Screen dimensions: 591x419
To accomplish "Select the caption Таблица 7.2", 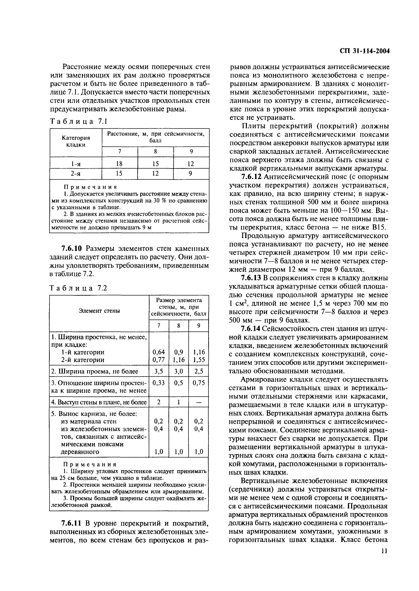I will point(78,288).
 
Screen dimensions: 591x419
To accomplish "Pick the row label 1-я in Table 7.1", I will point(76,164).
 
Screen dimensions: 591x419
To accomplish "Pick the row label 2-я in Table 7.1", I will point(76,174).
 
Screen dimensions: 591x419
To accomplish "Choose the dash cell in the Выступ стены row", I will point(199,402).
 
